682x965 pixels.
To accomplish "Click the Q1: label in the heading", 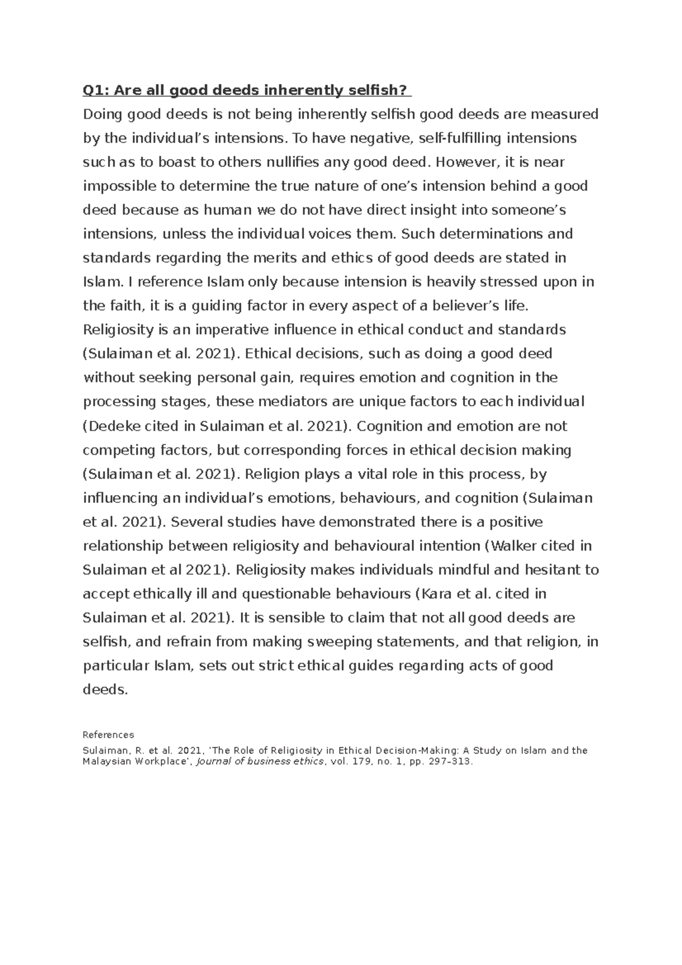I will tap(94, 90).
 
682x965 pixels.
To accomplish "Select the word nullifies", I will tap(286, 163).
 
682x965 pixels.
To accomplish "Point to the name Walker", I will tap(513, 546).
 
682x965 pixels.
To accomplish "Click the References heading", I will tap(108, 735).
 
